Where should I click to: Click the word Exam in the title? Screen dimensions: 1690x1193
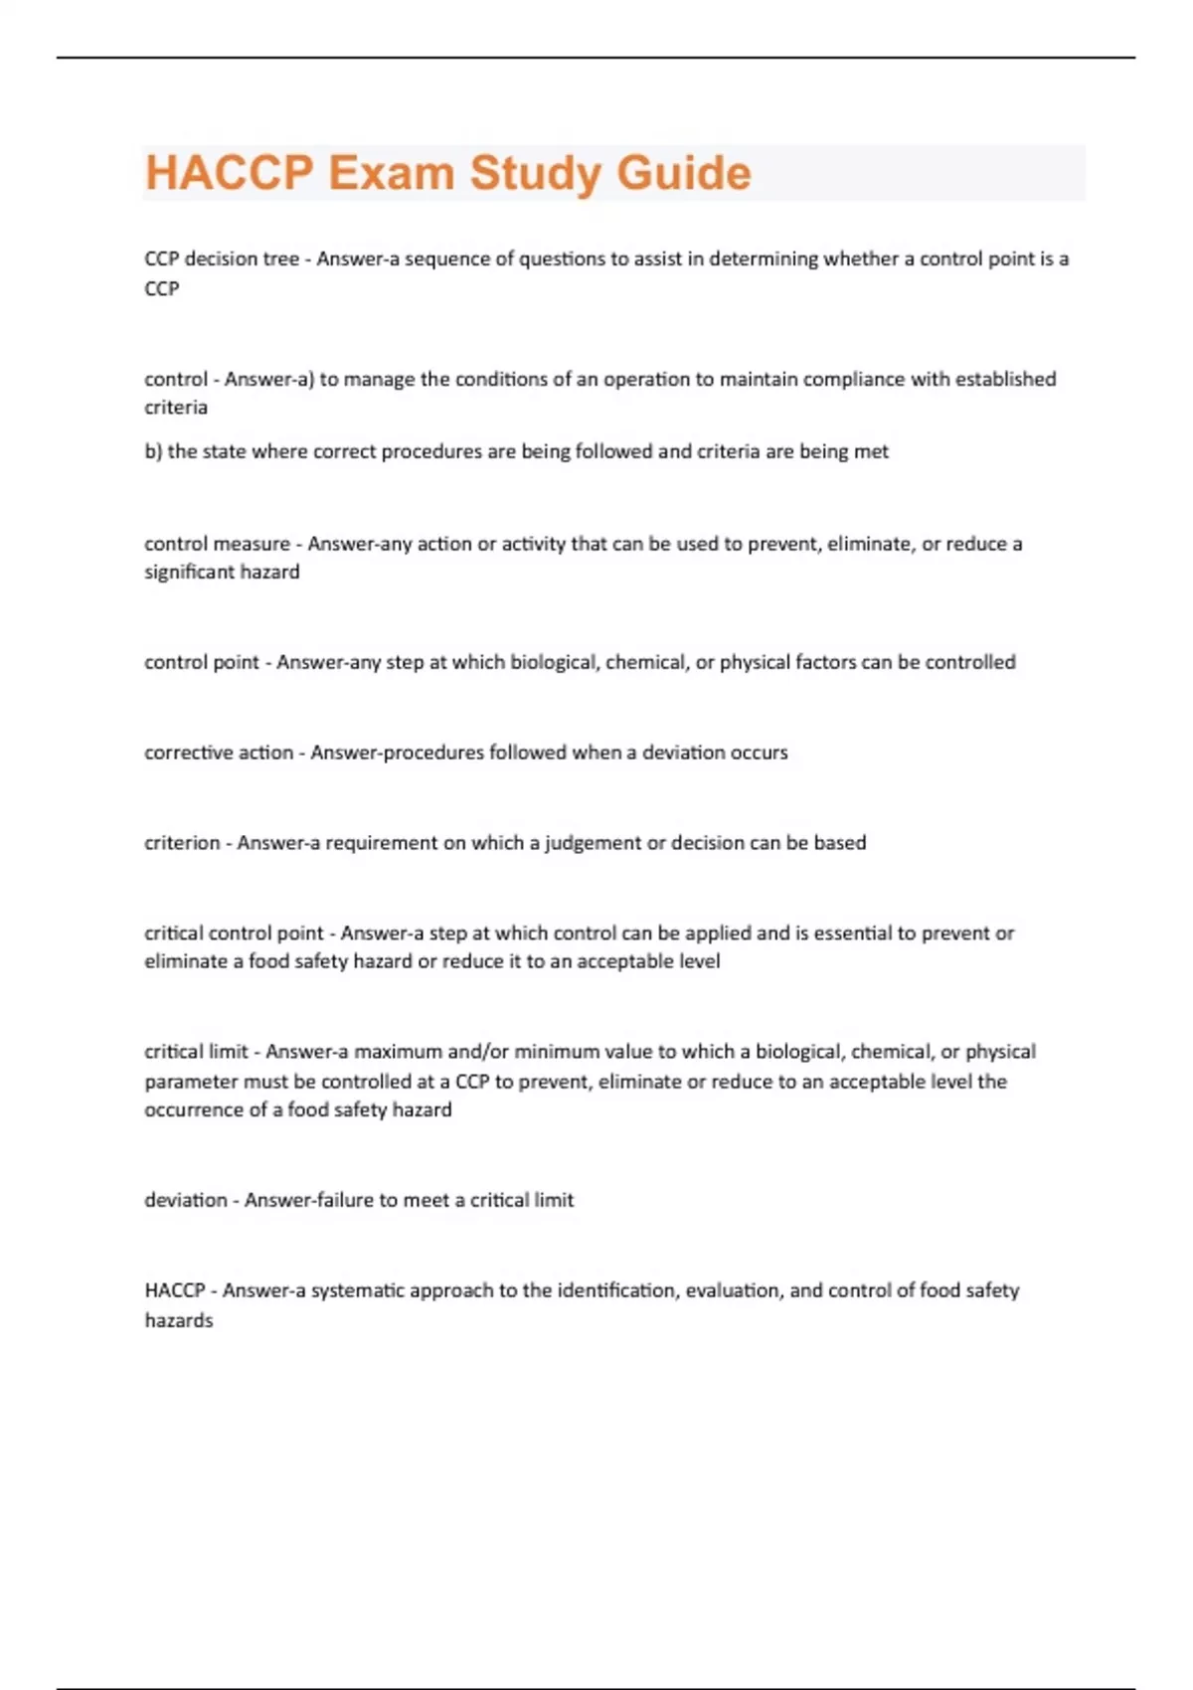pos(391,173)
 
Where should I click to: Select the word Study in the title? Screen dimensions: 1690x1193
pos(535,173)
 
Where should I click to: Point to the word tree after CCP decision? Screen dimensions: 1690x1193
pos(281,259)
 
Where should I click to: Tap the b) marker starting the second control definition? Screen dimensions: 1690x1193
pos(153,452)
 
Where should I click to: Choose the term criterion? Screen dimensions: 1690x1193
pos(182,843)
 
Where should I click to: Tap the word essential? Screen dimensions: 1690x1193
pos(853,933)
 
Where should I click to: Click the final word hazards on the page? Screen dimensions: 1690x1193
pos(179,1321)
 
